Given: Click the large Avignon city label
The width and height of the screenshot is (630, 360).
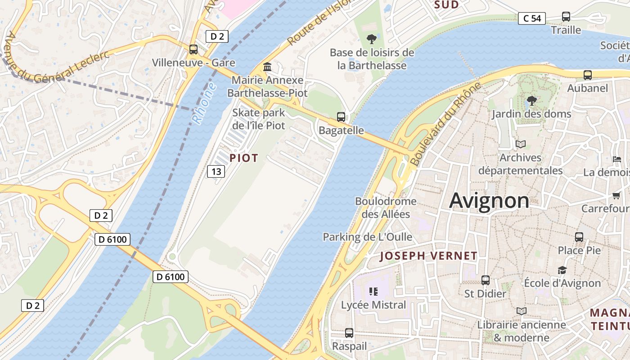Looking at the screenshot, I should pyautogui.click(x=489, y=200).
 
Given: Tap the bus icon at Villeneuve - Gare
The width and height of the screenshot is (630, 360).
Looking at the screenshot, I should pyautogui.click(x=193, y=49).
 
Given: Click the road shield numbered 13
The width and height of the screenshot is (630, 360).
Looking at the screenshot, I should pyautogui.click(x=216, y=171).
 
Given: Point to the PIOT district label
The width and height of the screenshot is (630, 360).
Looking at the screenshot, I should pyautogui.click(x=244, y=158).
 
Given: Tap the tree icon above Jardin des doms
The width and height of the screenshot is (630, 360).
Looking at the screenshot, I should pyautogui.click(x=531, y=100).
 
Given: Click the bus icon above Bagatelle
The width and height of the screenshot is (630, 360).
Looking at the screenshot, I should pyautogui.click(x=341, y=117).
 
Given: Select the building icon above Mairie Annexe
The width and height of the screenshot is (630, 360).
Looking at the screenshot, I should pyautogui.click(x=267, y=67).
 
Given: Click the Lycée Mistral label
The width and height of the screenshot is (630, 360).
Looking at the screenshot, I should pyautogui.click(x=373, y=305).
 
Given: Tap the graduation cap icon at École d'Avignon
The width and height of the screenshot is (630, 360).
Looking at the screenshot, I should pyautogui.click(x=562, y=270).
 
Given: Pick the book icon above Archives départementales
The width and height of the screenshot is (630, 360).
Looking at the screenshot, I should pyautogui.click(x=521, y=144).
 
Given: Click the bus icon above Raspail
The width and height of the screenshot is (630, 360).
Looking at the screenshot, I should pyautogui.click(x=349, y=333).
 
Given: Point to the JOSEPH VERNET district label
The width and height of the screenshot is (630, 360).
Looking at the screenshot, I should pyautogui.click(x=428, y=256).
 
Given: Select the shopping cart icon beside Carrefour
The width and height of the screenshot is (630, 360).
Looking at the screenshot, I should pyautogui.click(x=616, y=195).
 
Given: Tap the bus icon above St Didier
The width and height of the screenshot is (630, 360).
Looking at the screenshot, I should pyautogui.click(x=486, y=280).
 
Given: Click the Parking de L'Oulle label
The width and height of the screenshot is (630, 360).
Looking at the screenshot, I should pyautogui.click(x=367, y=237).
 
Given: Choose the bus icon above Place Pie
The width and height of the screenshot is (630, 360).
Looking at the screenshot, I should pyautogui.click(x=579, y=237).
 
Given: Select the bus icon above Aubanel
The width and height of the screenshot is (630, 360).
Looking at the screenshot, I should pyautogui.click(x=587, y=75).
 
